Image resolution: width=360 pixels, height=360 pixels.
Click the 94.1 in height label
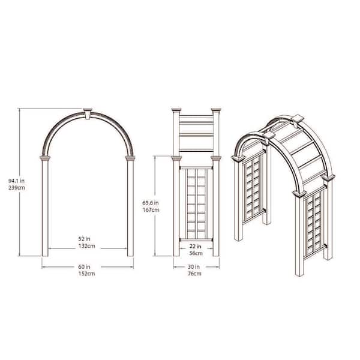click(18, 179)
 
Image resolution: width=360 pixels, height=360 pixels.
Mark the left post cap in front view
click(44, 159)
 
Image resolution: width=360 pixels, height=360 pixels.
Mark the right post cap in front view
click(130, 159)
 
